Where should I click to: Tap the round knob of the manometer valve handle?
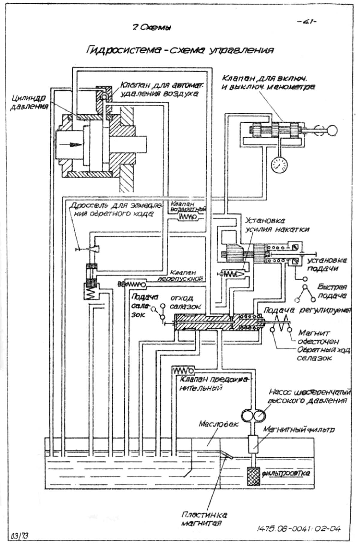332,131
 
